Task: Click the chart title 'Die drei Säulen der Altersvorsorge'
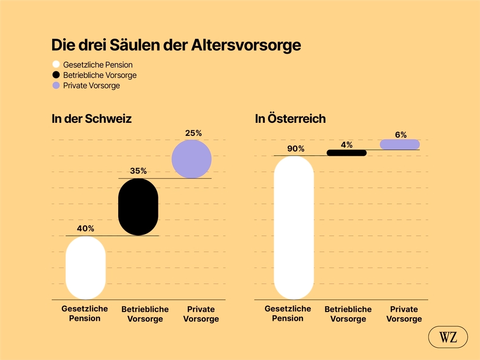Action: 176,45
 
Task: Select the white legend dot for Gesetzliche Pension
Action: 56,65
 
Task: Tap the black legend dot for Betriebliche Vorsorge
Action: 56,75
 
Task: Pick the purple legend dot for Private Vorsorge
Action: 56,85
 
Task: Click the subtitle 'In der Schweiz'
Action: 91,119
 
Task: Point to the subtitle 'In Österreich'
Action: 290,119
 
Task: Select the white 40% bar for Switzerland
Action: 85,268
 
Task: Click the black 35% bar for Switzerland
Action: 138,207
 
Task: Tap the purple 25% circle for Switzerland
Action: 191,159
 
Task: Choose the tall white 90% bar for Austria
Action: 293,227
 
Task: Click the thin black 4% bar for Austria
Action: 346,153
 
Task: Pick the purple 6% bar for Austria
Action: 400,144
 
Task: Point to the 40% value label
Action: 85,229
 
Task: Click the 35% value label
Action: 138,171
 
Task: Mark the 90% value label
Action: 296,149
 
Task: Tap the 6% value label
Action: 400,135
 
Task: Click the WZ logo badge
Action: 448,337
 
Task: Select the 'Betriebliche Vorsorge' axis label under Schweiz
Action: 145,314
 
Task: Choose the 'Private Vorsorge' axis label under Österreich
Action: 404,314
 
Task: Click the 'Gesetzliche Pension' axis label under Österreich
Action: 288,314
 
